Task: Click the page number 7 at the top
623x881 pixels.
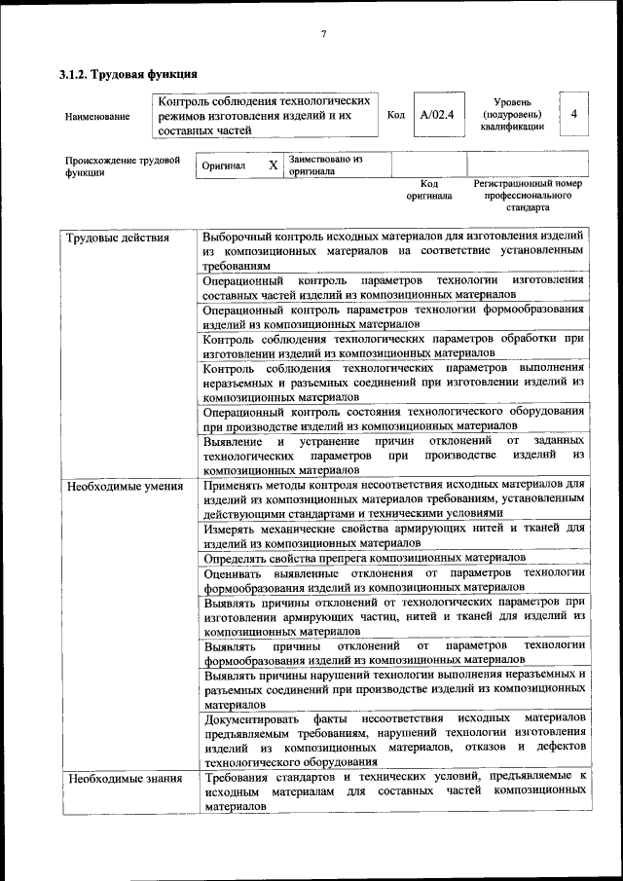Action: click(x=322, y=35)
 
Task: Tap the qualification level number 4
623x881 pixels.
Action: click(x=574, y=114)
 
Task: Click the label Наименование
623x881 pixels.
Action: click(x=96, y=117)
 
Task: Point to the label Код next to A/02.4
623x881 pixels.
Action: click(x=395, y=116)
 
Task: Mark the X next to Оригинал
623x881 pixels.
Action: click(x=273, y=165)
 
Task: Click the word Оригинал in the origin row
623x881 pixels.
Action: click(x=223, y=166)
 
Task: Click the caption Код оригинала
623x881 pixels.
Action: click(x=429, y=189)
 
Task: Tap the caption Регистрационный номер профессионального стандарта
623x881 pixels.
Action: click(x=527, y=195)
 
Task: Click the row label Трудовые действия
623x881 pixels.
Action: click(x=117, y=238)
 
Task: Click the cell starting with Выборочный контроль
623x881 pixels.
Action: click(x=393, y=250)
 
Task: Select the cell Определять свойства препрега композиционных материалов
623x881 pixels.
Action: click(x=365, y=558)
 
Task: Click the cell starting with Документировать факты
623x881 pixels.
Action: click(x=393, y=740)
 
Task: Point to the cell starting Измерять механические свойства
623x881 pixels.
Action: click(x=393, y=534)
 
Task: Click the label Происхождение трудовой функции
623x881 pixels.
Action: click(x=123, y=166)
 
